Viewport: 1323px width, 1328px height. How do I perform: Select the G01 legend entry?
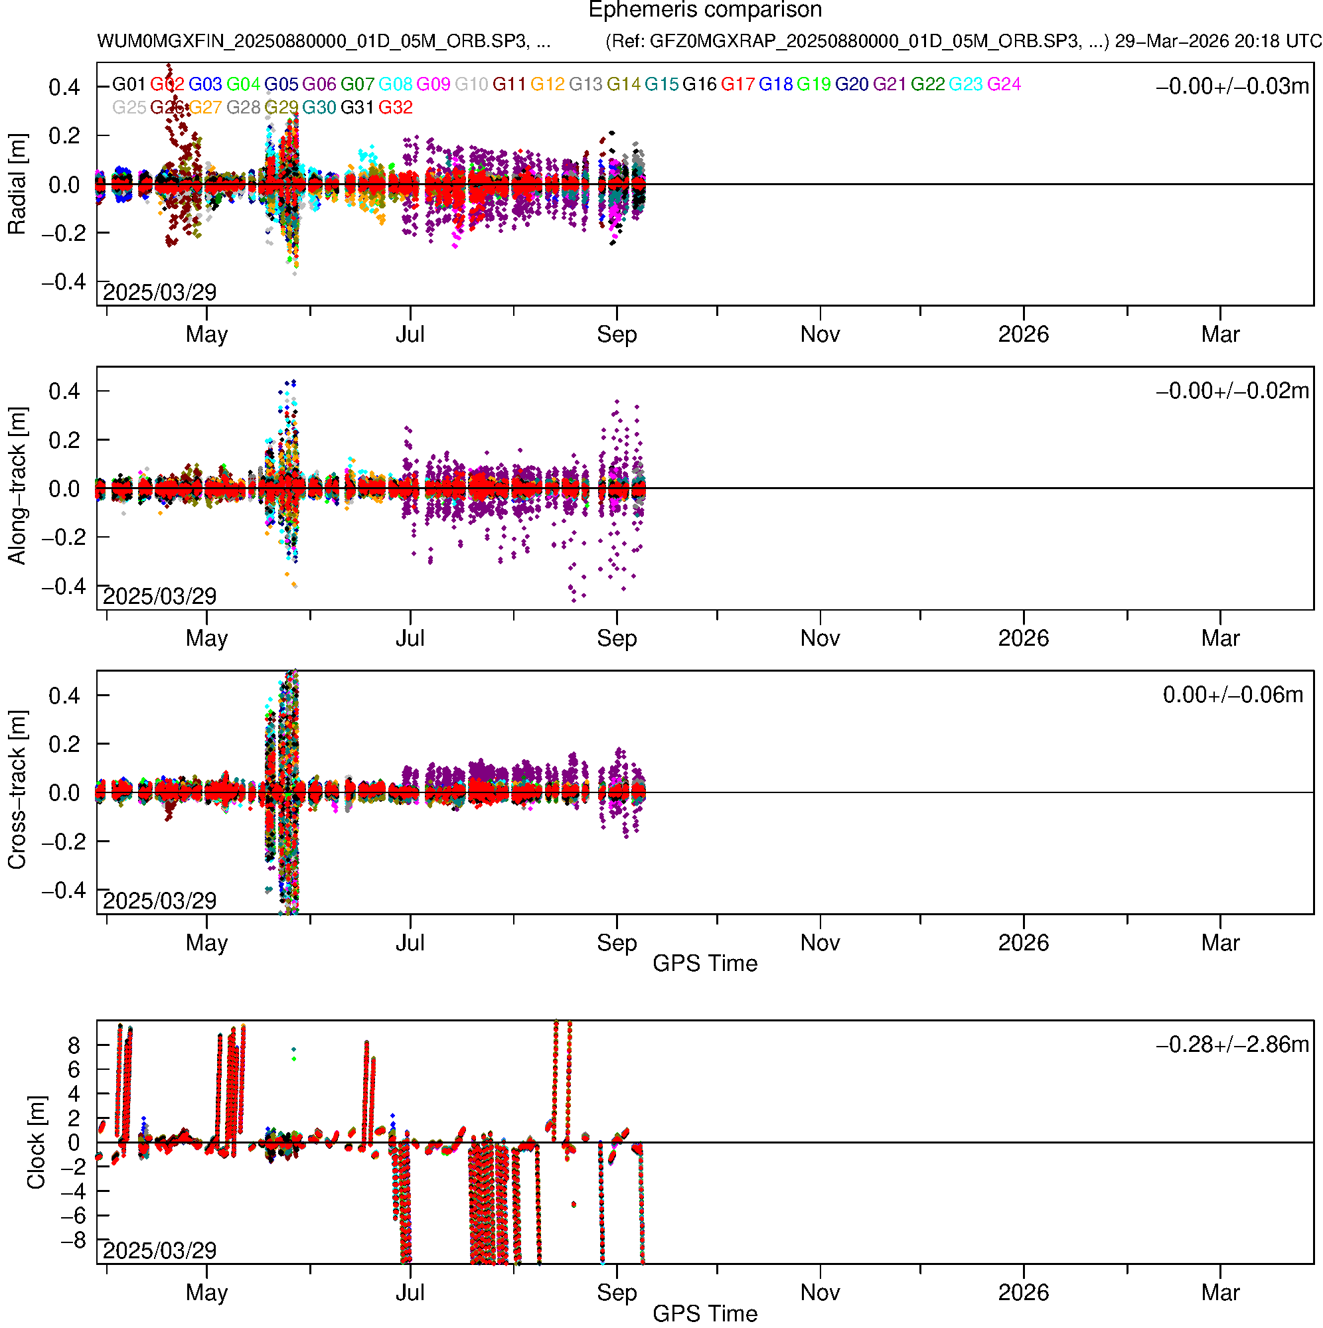point(129,84)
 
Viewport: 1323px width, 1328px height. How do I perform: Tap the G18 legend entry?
point(775,84)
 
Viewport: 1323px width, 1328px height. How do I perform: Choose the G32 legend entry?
point(396,108)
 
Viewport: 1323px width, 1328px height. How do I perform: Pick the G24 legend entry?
point(1003,84)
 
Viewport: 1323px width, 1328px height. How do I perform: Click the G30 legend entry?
point(319,108)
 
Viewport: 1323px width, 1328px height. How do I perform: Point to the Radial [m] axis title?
point(17,184)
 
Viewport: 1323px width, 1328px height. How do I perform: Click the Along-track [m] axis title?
point(17,486)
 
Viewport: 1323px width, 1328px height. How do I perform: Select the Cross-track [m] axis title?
point(17,790)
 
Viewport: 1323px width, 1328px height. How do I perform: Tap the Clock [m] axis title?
point(36,1142)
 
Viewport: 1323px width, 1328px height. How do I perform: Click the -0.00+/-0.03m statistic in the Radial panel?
point(1231,86)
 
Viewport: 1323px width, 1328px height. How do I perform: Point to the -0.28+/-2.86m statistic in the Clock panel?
point(1231,1045)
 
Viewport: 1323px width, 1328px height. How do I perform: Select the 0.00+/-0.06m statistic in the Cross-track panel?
point(1232,695)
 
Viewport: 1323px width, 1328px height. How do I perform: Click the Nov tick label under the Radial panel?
point(820,334)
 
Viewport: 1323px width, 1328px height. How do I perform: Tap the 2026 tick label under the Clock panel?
point(1023,1292)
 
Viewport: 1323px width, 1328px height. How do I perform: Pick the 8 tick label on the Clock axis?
point(74,1046)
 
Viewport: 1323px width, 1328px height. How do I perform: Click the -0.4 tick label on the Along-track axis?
point(64,586)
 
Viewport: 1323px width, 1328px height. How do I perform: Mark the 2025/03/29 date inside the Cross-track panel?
point(159,901)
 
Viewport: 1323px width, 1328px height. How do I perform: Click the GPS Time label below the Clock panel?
point(704,1313)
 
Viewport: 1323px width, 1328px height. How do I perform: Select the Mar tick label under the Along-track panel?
point(1220,638)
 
